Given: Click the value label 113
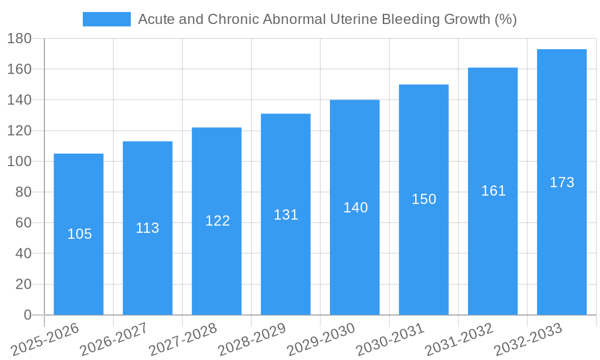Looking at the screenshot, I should (148, 228).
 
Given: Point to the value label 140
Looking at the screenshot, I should (355, 208).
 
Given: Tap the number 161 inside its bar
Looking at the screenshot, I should (493, 191).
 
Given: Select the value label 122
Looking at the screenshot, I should (217, 221).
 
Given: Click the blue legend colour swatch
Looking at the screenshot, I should (107, 19).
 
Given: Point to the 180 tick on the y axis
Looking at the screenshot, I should (19, 38).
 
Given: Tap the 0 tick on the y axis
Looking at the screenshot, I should (27, 315).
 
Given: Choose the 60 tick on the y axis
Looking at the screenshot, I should (23, 223).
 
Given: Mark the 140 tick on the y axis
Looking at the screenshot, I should (19, 100).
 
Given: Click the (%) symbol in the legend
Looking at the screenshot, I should (505, 19).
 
